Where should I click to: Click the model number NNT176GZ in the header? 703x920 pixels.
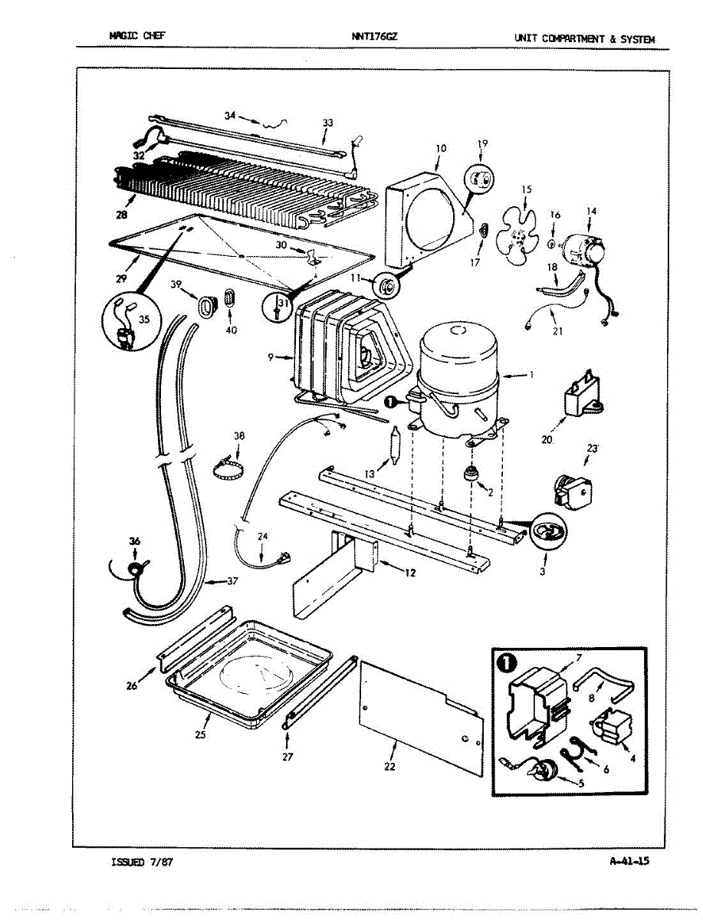coord(375,37)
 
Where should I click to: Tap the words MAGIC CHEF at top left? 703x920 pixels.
coord(137,35)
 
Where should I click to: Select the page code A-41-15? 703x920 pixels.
coord(629,861)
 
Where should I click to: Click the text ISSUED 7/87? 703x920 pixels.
coord(142,863)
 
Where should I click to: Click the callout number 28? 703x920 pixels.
coord(122,215)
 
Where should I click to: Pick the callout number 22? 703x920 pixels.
coord(389,766)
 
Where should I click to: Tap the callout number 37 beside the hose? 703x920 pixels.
coord(232,581)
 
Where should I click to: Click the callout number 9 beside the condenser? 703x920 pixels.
coord(271,357)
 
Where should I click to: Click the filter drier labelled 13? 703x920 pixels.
coord(396,446)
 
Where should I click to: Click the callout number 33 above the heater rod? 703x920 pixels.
coord(327,123)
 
